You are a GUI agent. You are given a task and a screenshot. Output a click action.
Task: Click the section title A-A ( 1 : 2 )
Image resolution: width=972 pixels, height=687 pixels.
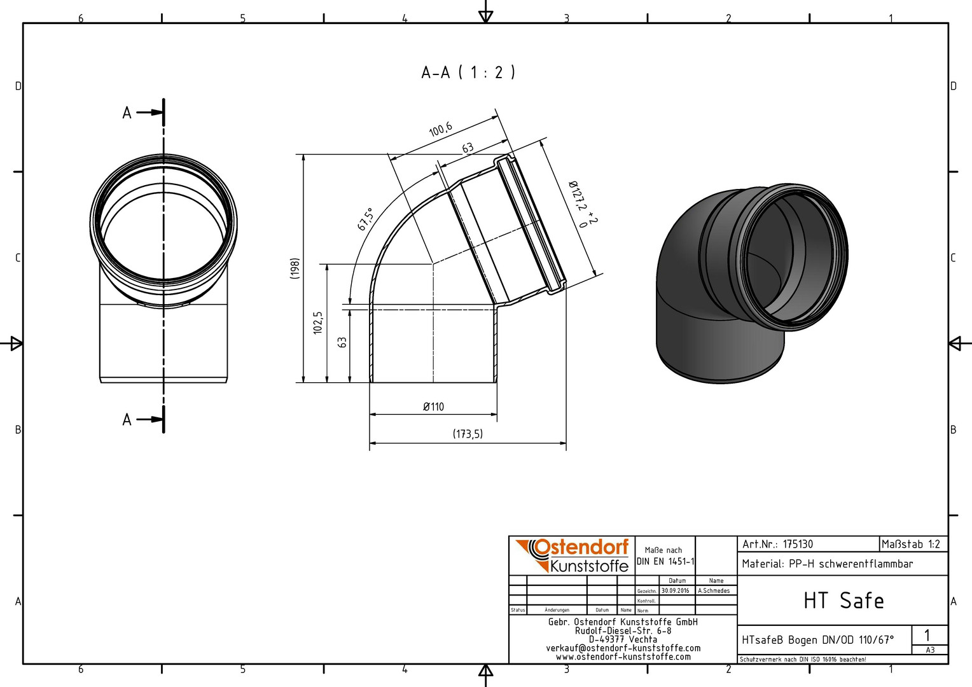468,73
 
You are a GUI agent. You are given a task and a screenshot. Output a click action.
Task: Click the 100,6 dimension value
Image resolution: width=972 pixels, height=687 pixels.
441,129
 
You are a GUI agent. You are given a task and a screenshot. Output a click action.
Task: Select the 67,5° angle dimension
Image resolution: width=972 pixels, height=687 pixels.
365,219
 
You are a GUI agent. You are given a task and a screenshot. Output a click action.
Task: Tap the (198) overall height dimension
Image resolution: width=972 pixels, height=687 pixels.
295,268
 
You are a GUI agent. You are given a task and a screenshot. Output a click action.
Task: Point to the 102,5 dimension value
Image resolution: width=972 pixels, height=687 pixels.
318,323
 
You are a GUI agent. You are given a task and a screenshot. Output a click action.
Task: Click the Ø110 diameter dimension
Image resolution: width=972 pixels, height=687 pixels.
433,406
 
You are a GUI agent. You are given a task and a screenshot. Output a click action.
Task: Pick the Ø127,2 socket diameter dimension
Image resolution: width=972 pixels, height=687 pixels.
583,204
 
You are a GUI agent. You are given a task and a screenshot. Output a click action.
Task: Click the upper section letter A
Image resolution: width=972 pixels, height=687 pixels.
127,113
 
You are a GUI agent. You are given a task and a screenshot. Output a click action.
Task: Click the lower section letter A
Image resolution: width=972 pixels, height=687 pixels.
127,420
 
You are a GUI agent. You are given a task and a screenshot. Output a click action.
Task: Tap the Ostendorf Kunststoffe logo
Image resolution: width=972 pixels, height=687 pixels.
572,556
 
